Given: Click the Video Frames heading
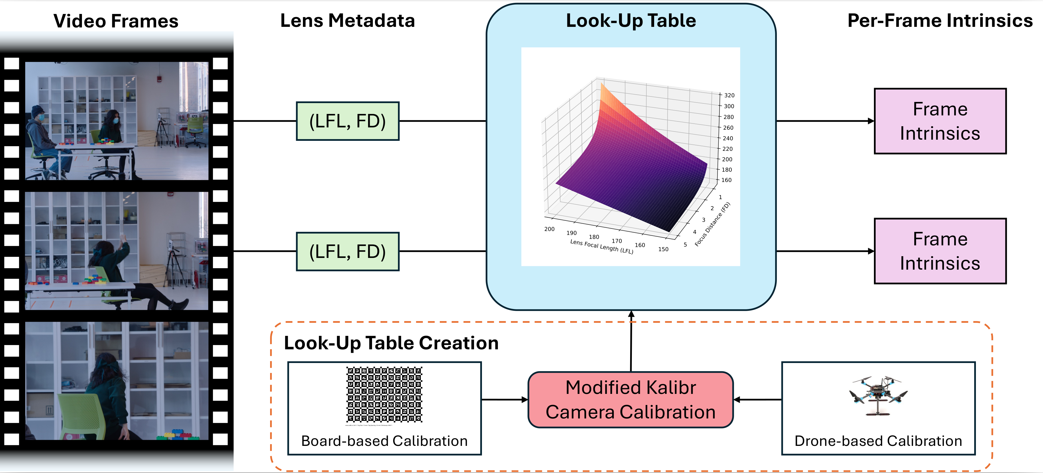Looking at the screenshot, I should (x=116, y=21).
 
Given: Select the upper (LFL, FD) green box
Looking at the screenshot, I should (x=347, y=121).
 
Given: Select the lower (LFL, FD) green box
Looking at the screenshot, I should (x=347, y=251).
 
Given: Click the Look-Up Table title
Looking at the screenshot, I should (x=630, y=20).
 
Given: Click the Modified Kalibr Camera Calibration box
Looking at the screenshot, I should (x=630, y=400).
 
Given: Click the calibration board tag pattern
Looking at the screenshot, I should (x=384, y=395).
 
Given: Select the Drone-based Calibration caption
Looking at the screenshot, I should (x=878, y=441).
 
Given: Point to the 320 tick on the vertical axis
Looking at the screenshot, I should (x=729, y=95).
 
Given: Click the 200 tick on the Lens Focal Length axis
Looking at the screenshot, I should (x=549, y=229).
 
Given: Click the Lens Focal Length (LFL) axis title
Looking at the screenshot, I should (x=601, y=246).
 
